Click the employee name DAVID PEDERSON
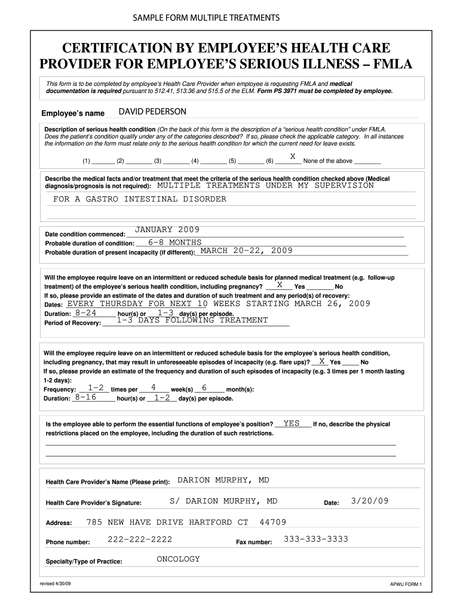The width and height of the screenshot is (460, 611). point(152,112)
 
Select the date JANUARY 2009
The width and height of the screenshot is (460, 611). point(167,230)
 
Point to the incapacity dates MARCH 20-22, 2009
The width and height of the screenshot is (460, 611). point(246,251)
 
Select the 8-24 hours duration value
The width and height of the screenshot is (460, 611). point(85,313)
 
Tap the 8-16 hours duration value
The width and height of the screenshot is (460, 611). point(86,397)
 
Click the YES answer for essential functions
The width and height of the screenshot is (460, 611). point(292,423)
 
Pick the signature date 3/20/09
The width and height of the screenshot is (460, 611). point(370,501)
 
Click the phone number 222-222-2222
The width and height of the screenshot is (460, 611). point(140,539)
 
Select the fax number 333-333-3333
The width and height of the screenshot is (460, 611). point(315,539)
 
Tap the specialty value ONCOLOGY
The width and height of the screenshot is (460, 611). point(178,559)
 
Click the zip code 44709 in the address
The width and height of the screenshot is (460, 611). point(272,522)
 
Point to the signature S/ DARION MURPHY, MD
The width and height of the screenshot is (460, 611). point(223,501)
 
